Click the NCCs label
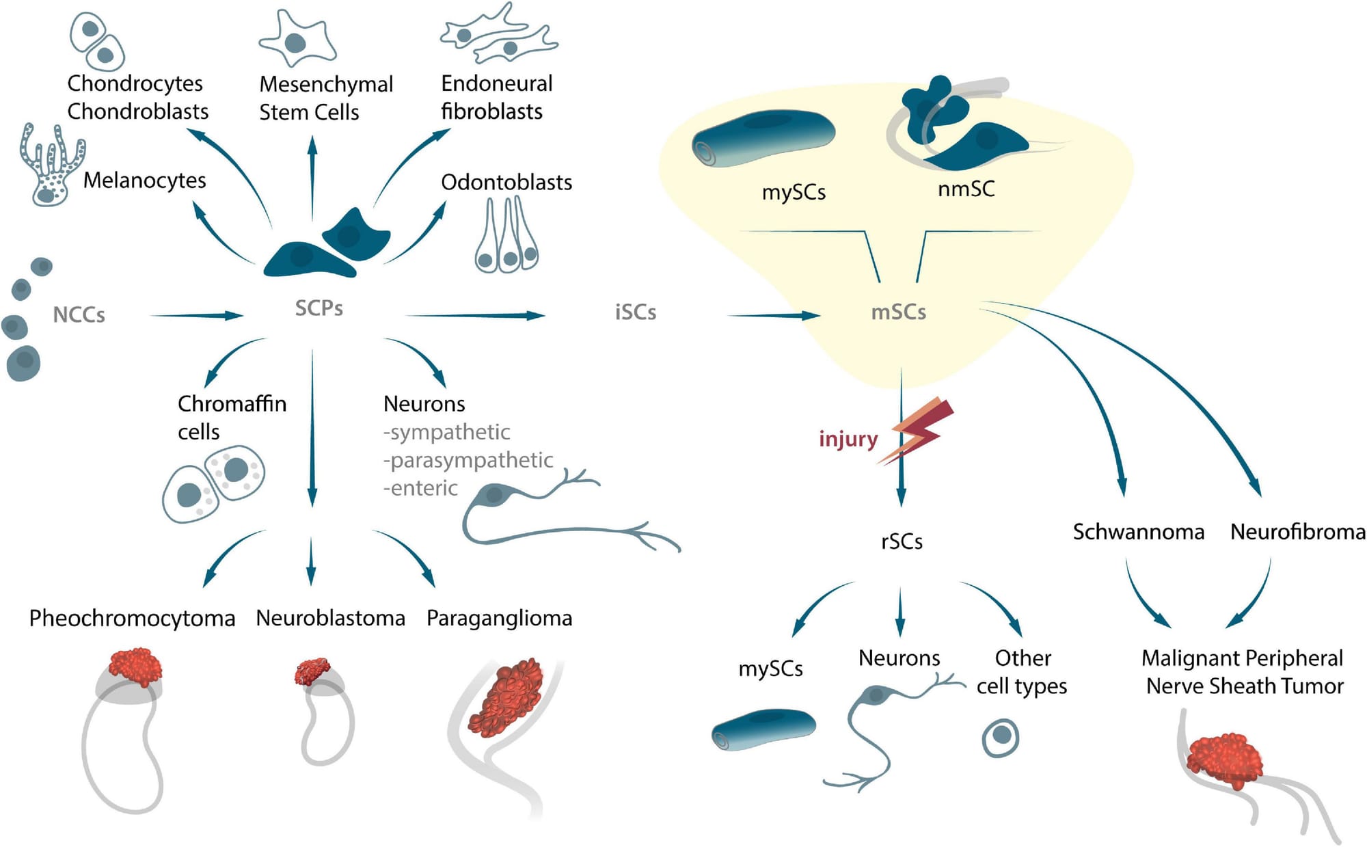[79, 314]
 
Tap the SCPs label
[319, 308]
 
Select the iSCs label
[635, 312]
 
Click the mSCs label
[898, 312]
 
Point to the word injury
[848, 438]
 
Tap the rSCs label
[902, 541]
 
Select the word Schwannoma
[1138, 532]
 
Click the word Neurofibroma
[1297, 532]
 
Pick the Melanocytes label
[144, 180]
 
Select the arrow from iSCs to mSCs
[773, 315]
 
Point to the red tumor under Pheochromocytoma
[135, 667]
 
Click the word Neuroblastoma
[330, 618]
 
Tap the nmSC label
[966, 189]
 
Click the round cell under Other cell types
[1001, 737]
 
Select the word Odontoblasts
[506, 183]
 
